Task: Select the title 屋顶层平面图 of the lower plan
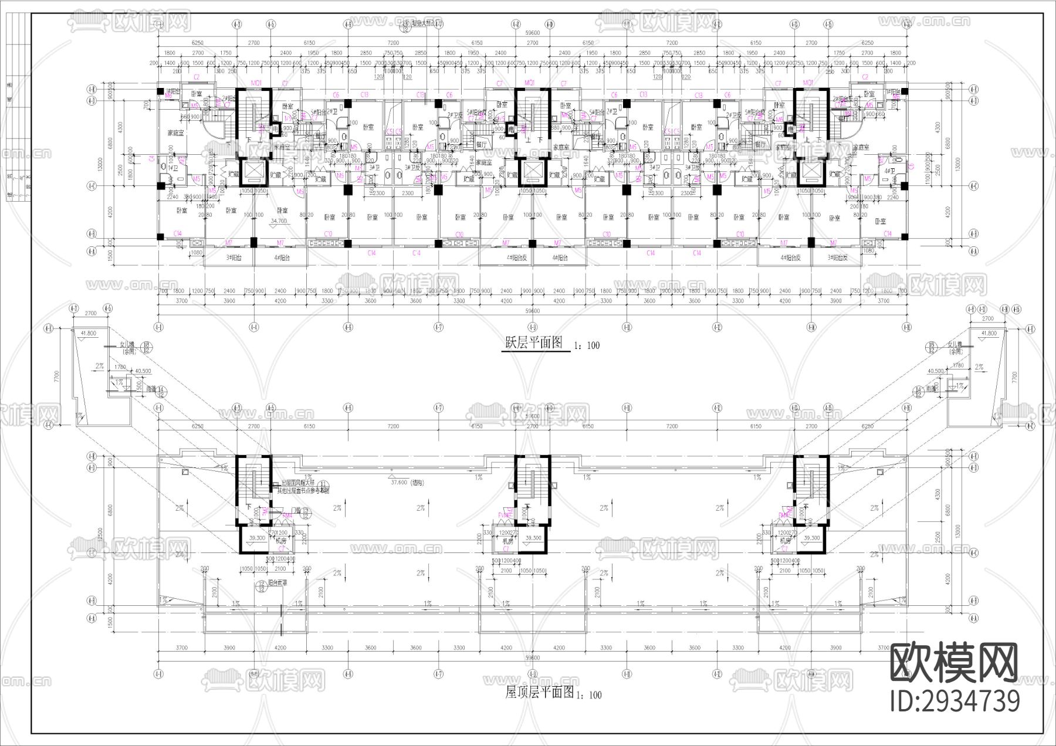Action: [539, 693]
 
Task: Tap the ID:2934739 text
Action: [955, 701]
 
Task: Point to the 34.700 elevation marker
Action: [279, 221]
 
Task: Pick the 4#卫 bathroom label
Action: [891, 171]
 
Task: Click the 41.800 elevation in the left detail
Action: [88, 333]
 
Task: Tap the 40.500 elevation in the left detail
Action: [143, 371]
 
